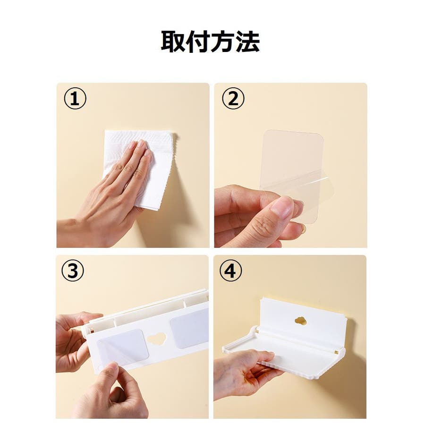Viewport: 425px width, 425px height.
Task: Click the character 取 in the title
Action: coord(173,41)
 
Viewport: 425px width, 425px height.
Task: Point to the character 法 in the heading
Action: coord(248,41)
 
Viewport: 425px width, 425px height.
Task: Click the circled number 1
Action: coord(75,98)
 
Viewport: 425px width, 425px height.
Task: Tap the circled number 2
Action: coord(233,98)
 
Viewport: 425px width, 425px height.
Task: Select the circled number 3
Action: coord(73,271)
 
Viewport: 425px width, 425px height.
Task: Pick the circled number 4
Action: coord(230,271)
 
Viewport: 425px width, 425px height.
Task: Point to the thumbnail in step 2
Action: coord(282,207)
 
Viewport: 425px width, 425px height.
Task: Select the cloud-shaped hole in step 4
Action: coord(300,322)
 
